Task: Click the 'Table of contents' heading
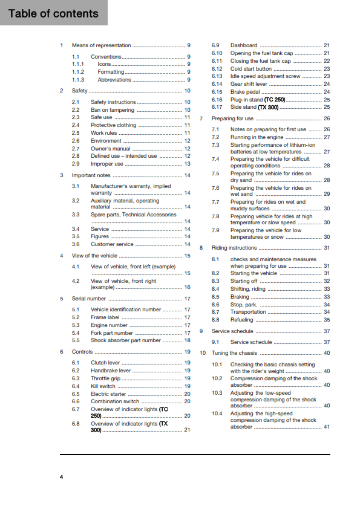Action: coord(53,13)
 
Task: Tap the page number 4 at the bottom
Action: coord(61,478)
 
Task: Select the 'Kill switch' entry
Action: coord(103,386)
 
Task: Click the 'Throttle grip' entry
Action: coord(106,378)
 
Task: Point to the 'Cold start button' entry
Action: coord(251,69)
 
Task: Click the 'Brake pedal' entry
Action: coord(246,92)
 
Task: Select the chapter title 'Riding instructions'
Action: coord(234,248)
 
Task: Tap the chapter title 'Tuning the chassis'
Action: coord(235,352)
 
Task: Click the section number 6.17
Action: coord(217,107)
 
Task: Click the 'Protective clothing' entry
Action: coord(114,125)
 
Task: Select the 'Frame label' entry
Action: coord(105,317)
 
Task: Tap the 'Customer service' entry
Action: coord(112,244)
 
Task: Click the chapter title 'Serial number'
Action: coord(89,299)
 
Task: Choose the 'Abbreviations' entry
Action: coord(114,79)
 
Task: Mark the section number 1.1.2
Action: coord(78,71)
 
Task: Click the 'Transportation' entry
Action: coord(248,312)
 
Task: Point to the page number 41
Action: coord(327,427)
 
